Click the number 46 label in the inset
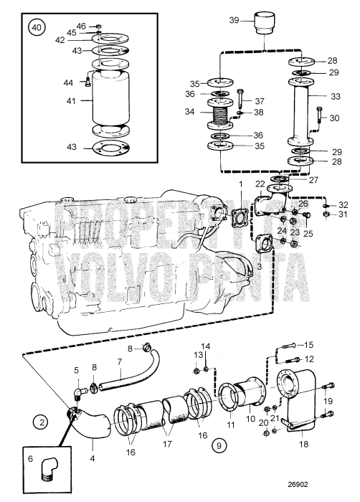81,26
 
